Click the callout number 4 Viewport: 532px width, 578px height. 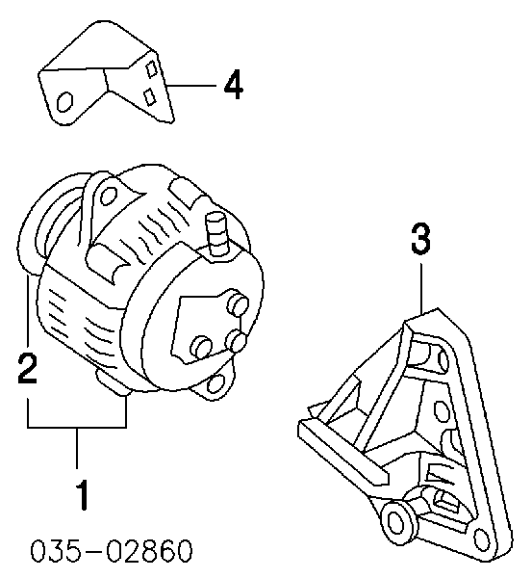click(x=234, y=85)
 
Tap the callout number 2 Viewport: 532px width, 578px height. click(x=28, y=368)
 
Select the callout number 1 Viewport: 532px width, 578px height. click(x=83, y=495)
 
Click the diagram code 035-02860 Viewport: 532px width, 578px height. click(x=112, y=551)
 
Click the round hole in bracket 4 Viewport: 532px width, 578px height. click(x=65, y=101)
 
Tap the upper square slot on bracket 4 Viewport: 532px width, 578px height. click(x=151, y=68)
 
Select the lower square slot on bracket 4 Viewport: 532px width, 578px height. click(x=149, y=96)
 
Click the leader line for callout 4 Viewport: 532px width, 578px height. click(x=191, y=86)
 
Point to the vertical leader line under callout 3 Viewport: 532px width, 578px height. click(x=421, y=287)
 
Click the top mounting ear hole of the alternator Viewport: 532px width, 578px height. click(x=109, y=196)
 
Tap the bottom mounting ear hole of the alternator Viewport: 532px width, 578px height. click(x=215, y=383)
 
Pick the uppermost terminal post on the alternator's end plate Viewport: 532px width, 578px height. click(x=239, y=303)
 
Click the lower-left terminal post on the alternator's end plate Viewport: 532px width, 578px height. click(x=201, y=347)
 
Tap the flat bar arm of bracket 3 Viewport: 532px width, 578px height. click(x=343, y=453)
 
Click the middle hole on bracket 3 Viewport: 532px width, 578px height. click(x=441, y=411)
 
